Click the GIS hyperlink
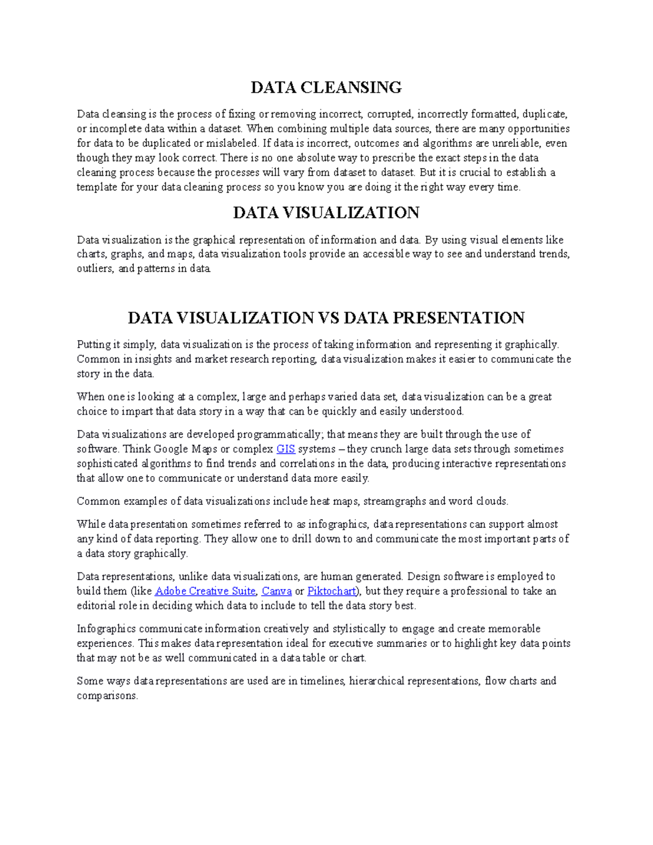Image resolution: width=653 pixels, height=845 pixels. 286,449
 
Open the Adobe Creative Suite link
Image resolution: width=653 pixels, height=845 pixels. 205,591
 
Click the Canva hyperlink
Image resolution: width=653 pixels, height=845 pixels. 276,591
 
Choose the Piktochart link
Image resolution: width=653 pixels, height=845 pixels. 331,591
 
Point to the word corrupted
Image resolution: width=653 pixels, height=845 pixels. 390,114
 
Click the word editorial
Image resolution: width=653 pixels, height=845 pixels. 96,606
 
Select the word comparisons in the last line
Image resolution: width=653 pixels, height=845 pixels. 107,696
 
